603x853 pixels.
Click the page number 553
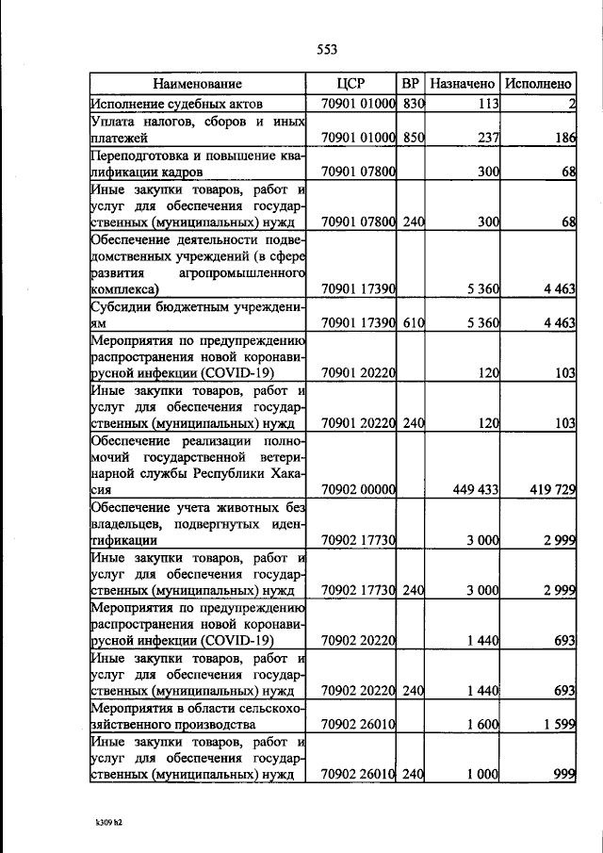click(327, 50)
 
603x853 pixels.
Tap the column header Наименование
click(198, 83)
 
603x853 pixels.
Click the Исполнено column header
click(539, 83)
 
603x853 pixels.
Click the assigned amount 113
click(486, 104)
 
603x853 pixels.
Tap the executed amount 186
click(564, 138)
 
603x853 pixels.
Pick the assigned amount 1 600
click(482, 725)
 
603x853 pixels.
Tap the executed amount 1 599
click(559, 725)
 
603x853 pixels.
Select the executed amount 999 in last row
click(564, 775)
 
